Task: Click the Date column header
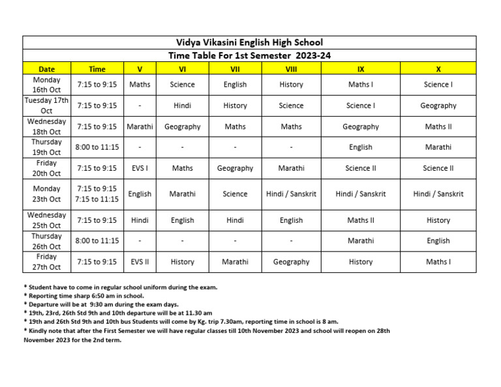pyautogui.click(x=46, y=68)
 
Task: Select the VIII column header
pyautogui.click(x=291, y=68)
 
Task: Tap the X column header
pyautogui.click(x=438, y=68)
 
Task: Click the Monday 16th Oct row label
pyautogui.click(x=46, y=85)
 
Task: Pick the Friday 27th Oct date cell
pyautogui.click(x=46, y=262)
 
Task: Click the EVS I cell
pyautogui.click(x=140, y=168)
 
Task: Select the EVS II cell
pyautogui.click(x=140, y=262)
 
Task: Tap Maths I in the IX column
pyautogui.click(x=361, y=84)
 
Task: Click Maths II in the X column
pyautogui.click(x=438, y=126)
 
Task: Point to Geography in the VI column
pyautogui.click(x=182, y=126)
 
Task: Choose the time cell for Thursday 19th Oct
pyautogui.click(x=97, y=147)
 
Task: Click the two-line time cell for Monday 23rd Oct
pyautogui.click(x=97, y=194)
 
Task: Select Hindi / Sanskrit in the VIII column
pyautogui.click(x=291, y=194)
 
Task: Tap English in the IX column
pyautogui.click(x=361, y=147)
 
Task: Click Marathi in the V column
pyautogui.click(x=140, y=126)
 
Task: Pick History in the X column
pyautogui.click(x=438, y=220)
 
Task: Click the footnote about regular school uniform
pyautogui.click(x=121, y=287)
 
